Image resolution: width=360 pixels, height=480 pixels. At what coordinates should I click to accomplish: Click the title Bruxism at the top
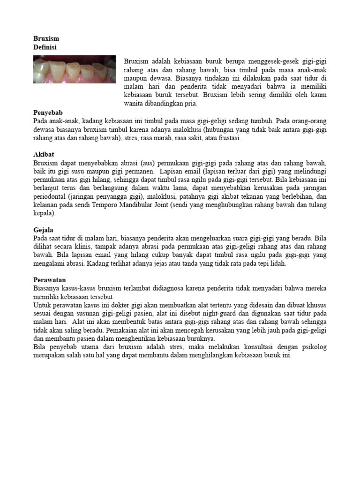46,38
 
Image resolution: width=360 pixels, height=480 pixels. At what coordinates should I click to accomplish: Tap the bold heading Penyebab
48,113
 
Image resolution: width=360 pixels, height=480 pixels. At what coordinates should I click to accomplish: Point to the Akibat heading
44,154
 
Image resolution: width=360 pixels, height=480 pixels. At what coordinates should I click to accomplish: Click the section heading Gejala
43,230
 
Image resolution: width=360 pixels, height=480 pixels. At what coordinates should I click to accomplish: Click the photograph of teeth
75,69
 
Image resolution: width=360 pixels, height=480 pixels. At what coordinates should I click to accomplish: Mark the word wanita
135,104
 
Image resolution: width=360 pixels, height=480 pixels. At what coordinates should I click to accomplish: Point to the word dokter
123,305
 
